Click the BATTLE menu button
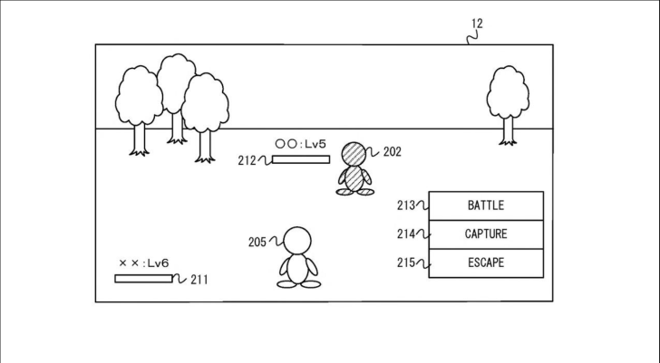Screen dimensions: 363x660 (485, 205)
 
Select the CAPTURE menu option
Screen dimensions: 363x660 (485, 234)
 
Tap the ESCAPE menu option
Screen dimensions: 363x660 (485, 263)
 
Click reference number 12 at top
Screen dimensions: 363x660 (476, 24)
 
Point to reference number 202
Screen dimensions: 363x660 (392, 152)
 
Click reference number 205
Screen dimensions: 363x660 (257, 242)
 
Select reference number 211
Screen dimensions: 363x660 (199, 280)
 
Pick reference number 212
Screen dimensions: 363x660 (247, 161)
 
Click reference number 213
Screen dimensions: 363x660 (405, 205)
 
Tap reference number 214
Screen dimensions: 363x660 (405, 234)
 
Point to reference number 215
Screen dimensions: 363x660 (405, 263)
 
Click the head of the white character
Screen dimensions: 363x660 (298, 241)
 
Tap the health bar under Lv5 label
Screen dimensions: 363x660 (300, 160)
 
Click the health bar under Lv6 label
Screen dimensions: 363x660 (143, 279)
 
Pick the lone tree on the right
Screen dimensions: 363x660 (507, 101)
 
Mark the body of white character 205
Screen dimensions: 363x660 (298, 269)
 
